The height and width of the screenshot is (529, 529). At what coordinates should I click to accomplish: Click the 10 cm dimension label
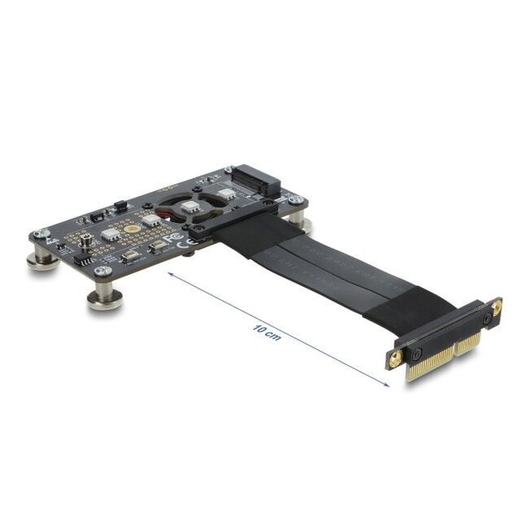tap(266, 331)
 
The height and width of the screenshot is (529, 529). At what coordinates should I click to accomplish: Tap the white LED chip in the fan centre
tap(191, 207)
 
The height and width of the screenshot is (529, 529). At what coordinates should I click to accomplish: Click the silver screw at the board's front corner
tap(102, 271)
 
